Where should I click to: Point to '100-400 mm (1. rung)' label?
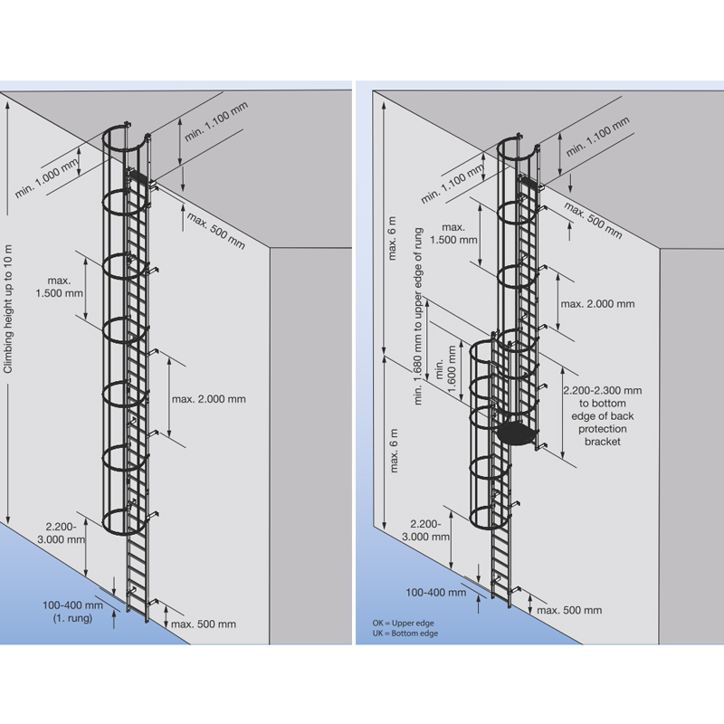67,612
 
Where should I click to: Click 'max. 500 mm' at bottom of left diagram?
204,624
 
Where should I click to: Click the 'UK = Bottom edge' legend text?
403,633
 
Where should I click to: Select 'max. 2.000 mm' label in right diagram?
597,304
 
